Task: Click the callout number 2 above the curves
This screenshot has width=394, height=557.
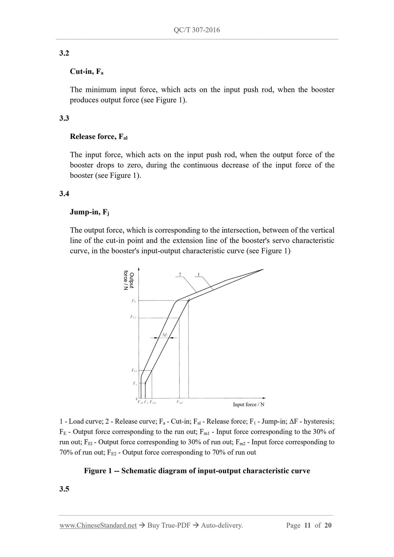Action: (x=180, y=274)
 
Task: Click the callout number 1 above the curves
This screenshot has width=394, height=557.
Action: (x=198, y=274)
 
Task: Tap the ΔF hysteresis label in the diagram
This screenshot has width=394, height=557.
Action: (x=164, y=335)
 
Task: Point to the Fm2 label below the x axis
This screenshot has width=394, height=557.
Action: (x=180, y=402)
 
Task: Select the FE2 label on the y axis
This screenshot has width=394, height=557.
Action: (x=133, y=317)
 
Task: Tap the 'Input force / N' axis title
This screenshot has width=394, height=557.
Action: (x=248, y=405)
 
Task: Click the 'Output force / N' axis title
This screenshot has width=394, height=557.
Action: (x=129, y=280)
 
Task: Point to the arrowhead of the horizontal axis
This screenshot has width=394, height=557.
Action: (x=264, y=398)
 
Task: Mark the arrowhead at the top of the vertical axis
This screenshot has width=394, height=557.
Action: (x=139, y=269)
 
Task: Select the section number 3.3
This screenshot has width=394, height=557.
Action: (x=64, y=118)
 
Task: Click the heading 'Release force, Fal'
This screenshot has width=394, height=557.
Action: (x=99, y=137)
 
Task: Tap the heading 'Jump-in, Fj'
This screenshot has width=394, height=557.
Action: (x=89, y=212)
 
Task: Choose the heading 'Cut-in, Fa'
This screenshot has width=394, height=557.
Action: (x=86, y=72)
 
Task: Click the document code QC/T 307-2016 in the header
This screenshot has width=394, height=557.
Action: (x=197, y=30)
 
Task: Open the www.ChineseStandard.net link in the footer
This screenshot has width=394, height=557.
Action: (x=98, y=525)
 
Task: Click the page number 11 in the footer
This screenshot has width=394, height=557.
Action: (x=307, y=525)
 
